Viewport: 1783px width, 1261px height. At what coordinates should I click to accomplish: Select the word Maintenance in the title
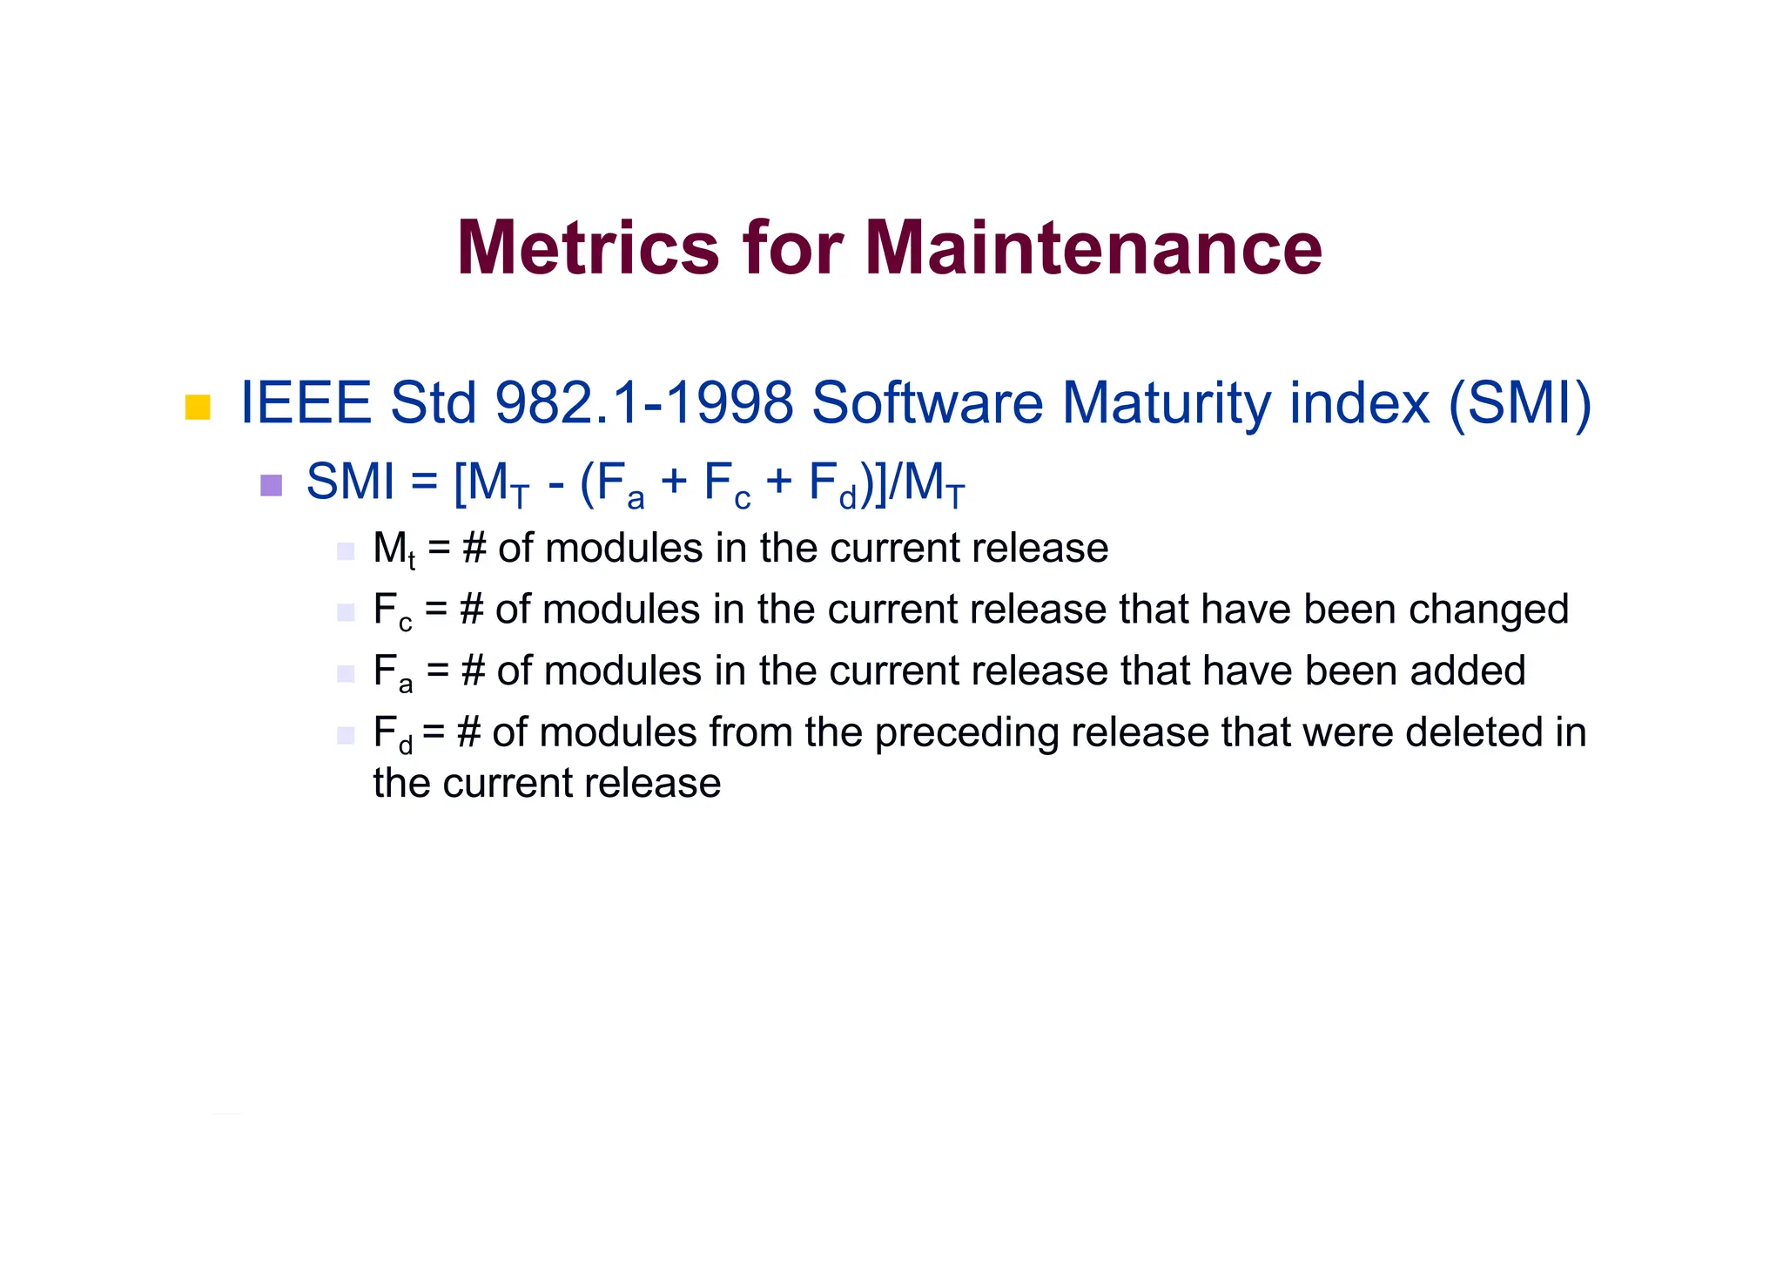[x=1093, y=248]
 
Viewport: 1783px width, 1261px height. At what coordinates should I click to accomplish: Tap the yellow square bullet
[x=198, y=408]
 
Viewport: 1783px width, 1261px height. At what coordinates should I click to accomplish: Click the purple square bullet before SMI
[x=272, y=485]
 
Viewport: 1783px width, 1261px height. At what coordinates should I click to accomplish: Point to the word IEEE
[x=306, y=403]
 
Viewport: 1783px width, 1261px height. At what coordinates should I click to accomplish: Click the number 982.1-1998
[x=644, y=403]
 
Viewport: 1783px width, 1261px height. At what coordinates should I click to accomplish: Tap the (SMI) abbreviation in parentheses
[x=1519, y=403]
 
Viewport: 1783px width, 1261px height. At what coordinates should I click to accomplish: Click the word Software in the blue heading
[x=927, y=403]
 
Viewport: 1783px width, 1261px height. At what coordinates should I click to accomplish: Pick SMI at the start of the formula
[x=350, y=482]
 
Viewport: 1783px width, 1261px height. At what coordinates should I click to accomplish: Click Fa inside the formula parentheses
[x=620, y=485]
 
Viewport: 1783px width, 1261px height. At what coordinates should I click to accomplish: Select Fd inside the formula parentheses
[x=832, y=485]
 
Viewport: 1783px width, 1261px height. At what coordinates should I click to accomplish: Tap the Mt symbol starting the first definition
[x=394, y=550]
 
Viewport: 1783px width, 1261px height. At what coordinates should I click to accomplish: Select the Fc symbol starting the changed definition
[x=392, y=611]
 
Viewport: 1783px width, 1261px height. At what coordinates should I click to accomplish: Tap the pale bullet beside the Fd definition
[x=346, y=736]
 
